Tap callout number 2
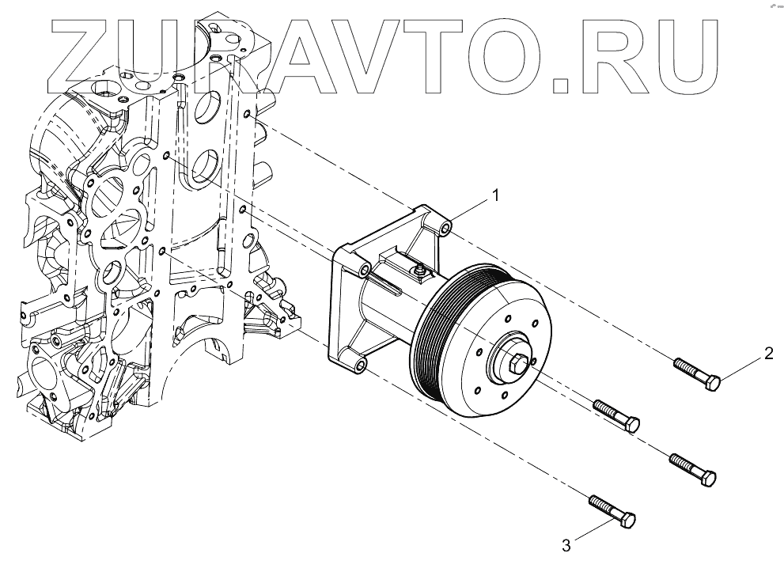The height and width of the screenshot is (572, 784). coord(768,353)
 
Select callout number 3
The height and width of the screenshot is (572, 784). coord(566,545)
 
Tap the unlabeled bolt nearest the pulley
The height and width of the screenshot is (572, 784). coord(616,415)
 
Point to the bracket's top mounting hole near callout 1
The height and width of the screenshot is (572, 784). coord(446,229)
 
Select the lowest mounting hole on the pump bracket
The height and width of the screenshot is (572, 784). coord(361,366)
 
